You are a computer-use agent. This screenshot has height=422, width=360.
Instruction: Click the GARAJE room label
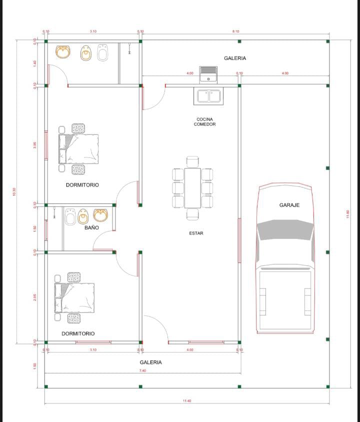pos(289,205)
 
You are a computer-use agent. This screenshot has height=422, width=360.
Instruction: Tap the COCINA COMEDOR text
pos(205,121)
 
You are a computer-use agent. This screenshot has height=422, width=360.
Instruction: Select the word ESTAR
pos(196,233)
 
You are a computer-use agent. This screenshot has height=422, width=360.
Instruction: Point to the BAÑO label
pos(91,227)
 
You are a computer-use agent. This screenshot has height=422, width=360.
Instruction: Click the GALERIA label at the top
pos(234,58)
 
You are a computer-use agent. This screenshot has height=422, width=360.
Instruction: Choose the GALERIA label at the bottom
pos(150,362)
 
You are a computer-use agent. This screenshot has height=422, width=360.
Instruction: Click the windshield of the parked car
pos(286,229)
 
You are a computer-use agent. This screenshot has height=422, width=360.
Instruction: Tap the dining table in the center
pos(192,188)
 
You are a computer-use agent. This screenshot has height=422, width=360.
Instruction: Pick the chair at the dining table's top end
pos(192,161)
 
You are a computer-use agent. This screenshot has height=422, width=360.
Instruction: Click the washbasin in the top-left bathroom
pos(63,52)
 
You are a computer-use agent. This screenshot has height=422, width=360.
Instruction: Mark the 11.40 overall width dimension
pos(187,400)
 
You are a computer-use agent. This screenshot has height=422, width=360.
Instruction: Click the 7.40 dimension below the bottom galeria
pos(142,370)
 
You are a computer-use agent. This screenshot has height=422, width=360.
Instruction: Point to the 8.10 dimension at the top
pos(235,31)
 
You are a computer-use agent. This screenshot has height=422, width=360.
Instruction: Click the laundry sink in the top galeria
pos(207,74)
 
